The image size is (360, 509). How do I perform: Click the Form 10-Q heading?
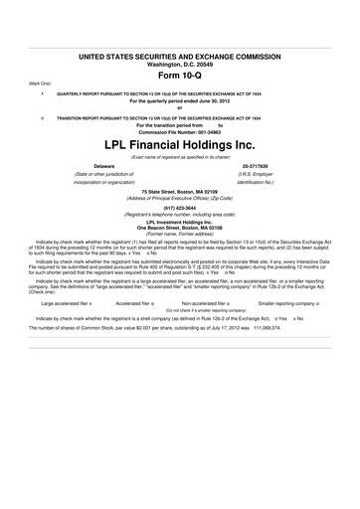tap(180, 76)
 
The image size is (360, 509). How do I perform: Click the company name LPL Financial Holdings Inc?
tap(180, 144)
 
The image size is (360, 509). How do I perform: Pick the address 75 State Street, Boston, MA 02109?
tap(180, 191)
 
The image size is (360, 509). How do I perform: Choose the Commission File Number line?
tap(180, 131)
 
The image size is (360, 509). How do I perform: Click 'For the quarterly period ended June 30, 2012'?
tap(180, 102)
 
